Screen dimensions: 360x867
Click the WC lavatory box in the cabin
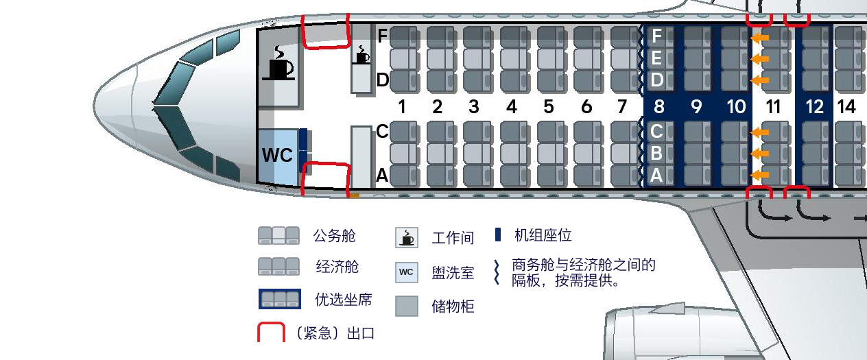click(277, 156)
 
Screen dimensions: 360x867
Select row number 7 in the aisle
click(622, 107)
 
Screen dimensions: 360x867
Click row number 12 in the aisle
click(814, 107)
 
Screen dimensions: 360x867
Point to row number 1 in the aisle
click(402, 107)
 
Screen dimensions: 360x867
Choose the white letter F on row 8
click(656, 36)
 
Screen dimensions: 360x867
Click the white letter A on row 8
click(656, 176)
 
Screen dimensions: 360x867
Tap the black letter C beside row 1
click(383, 132)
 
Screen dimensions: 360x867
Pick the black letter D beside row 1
click(383, 81)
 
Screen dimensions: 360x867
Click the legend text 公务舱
click(335, 237)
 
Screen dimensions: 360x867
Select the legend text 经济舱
click(337, 267)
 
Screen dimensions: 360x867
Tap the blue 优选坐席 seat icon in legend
click(279, 299)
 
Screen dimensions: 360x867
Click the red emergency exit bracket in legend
click(271, 332)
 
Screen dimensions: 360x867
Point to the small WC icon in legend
click(406, 272)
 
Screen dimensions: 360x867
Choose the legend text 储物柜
click(453, 307)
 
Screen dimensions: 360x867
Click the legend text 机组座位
click(543, 236)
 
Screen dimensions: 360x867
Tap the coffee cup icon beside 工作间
click(407, 237)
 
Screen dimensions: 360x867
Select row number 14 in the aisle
click(846, 107)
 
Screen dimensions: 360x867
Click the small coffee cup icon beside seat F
click(361, 55)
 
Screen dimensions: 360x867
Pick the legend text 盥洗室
click(453, 273)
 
